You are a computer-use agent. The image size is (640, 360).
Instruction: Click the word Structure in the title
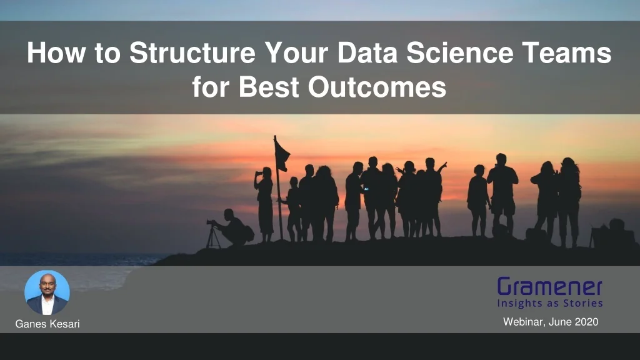(x=194, y=53)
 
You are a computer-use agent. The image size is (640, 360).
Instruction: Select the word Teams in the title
(x=572, y=53)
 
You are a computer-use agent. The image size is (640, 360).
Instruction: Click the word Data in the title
(x=369, y=53)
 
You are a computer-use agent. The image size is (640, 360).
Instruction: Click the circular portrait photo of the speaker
(x=47, y=292)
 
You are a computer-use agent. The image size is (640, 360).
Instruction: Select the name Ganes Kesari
(x=47, y=324)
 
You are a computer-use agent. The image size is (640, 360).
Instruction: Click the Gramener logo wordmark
(x=550, y=287)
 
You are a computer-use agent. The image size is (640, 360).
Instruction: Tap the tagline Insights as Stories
(x=550, y=304)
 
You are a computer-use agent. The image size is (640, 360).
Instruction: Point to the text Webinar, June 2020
(x=551, y=322)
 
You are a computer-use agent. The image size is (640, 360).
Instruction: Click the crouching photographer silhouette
(x=235, y=228)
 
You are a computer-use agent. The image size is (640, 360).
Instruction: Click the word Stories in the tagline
(x=582, y=304)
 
